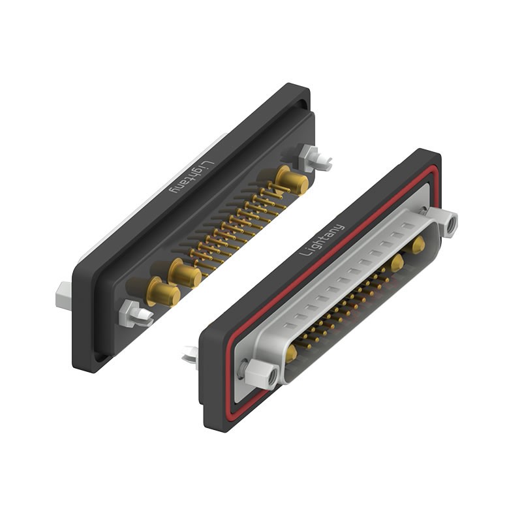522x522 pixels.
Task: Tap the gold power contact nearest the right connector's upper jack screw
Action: pyautogui.click(x=418, y=245)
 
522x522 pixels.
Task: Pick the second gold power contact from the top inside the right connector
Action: pyautogui.click(x=395, y=262)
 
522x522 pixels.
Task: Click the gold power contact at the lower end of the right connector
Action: pyautogui.click(x=291, y=353)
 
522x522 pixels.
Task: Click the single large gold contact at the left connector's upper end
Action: pyautogui.click(x=293, y=181)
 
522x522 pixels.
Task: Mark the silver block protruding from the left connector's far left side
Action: pyautogui.click(x=63, y=296)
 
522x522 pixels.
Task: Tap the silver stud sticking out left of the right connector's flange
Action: pyautogui.click(x=190, y=356)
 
